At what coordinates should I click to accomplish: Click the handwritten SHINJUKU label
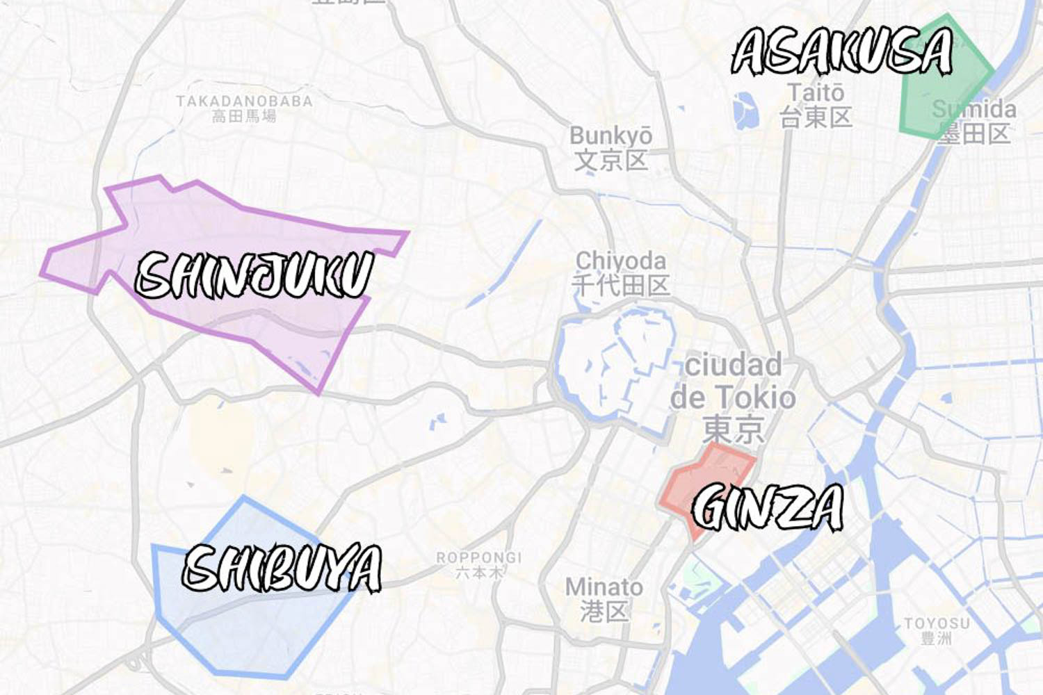tap(254, 275)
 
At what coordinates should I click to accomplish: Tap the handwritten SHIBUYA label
tap(282, 568)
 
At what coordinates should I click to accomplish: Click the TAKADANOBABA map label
tap(244, 101)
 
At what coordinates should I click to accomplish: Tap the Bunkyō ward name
tap(611, 136)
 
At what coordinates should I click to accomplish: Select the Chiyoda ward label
tap(620, 261)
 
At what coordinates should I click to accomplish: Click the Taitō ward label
tap(816, 92)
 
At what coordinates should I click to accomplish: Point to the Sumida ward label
tap(974, 109)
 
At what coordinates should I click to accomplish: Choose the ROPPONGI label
tap(478, 557)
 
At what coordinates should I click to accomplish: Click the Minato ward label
tap(604, 587)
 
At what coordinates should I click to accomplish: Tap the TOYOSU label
tap(936, 623)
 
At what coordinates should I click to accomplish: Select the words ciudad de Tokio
tap(733, 382)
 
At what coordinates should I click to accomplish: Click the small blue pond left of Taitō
tap(744, 111)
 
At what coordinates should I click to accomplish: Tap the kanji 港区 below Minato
tap(604, 612)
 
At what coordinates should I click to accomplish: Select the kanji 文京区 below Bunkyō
tap(611, 161)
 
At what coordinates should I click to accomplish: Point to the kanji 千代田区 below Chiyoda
tap(620, 285)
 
